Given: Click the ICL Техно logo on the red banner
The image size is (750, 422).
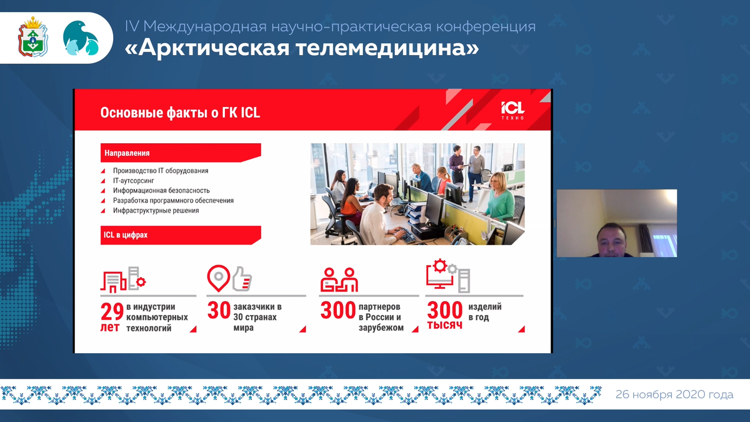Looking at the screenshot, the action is coord(512,110).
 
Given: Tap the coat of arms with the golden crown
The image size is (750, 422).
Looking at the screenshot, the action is coord(32,37).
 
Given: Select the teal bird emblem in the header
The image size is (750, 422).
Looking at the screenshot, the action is coord(81,38).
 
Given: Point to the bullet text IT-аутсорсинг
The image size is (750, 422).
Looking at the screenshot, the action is coord(134,181).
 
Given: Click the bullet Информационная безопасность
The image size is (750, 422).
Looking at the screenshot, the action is coord(161,191).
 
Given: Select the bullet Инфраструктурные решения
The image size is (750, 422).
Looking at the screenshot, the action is coord(156,210).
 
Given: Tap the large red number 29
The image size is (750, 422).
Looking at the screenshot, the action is coord(112,312).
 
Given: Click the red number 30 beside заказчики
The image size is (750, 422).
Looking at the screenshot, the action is coord(219,310).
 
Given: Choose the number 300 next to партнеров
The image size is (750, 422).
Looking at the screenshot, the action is coord(338,310).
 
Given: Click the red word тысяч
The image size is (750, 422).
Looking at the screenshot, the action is coord(444,325).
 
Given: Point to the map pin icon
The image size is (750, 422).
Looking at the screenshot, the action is coord(218,278).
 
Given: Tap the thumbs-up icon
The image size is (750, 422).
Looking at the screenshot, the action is coord(242,279).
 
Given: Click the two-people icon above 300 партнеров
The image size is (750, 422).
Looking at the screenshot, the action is coord(339,279).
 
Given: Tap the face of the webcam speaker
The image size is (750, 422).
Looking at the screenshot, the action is coord(611,242).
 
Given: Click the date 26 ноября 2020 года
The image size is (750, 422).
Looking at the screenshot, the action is coord(674,394).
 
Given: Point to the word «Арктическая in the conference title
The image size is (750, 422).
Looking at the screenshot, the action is coord(207,48).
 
